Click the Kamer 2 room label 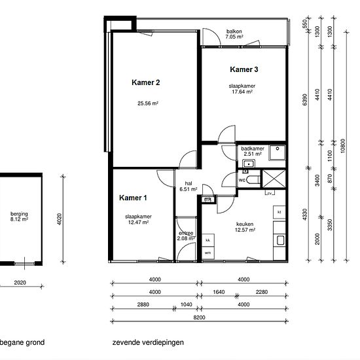(145, 82)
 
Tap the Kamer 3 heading (244, 69)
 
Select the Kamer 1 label (133, 198)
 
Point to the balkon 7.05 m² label (234, 34)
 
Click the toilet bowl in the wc (253, 179)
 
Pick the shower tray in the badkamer (277, 153)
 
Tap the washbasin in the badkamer (249, 164)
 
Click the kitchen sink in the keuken (280, 240)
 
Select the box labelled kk (208, 240)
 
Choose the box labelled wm (208, 253)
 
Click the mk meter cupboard (208, 199)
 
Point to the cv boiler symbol (270, 193)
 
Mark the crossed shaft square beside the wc (274, 179)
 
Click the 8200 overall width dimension (199, 317)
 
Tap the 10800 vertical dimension (343, 146)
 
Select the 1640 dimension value (219, 292)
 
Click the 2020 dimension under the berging (20, 283)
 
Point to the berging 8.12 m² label (19, 217)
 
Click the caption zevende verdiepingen (148, 342)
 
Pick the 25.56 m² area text (148, 103)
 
